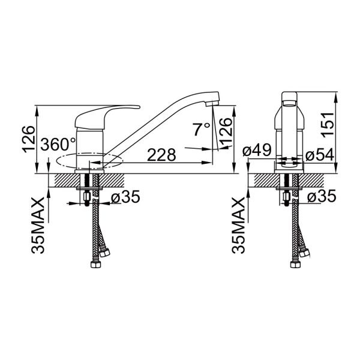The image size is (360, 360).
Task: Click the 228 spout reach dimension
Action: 161,154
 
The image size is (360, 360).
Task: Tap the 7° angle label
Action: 202,129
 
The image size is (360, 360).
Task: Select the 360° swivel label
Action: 58,145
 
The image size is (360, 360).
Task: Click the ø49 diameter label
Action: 257,150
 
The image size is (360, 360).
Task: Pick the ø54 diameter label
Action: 320,155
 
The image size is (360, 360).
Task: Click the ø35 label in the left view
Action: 125,197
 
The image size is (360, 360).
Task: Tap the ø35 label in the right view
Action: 322,196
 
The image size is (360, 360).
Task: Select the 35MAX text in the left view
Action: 37,225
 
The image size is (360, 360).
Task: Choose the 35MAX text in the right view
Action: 238,225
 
